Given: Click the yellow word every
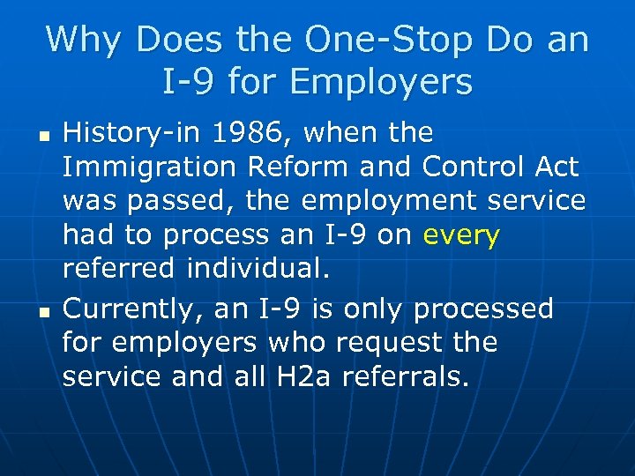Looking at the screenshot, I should point(461,235).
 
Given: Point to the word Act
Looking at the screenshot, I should point(554,167).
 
